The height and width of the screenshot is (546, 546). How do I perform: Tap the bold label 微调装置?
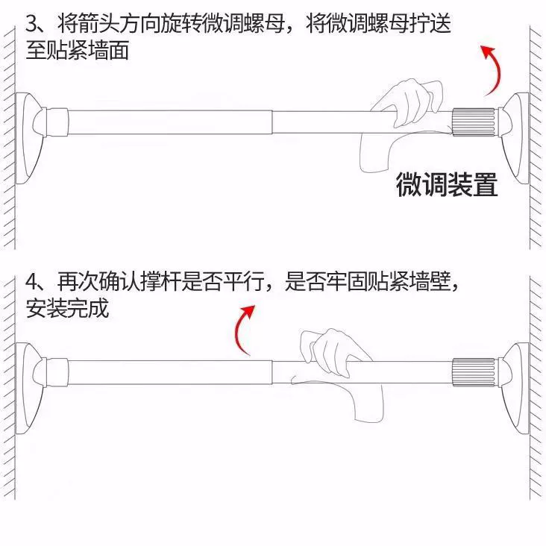(447, 184)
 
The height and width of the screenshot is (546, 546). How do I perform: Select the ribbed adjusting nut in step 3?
(474, 122)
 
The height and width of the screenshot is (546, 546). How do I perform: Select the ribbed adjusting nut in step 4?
(474, 372)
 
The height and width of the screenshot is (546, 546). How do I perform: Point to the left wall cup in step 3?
(30, 138)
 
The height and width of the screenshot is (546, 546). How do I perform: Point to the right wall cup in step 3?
(515, 138)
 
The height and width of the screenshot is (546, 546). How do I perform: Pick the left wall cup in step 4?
(30, 389)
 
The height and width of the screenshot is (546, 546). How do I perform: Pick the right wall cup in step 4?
(515, 389)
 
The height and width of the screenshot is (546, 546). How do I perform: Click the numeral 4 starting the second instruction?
(32, 281)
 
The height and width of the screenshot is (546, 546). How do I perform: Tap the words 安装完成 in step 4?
(67, 308)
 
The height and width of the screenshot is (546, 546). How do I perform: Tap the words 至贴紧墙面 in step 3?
(78, 50)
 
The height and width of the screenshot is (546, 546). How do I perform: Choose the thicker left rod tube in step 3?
(170, 122)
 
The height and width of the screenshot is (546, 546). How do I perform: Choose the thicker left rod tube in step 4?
(170, 373)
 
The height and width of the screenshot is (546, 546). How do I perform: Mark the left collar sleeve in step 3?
(57, 122)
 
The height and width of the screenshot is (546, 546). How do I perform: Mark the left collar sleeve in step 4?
(57, 372)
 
